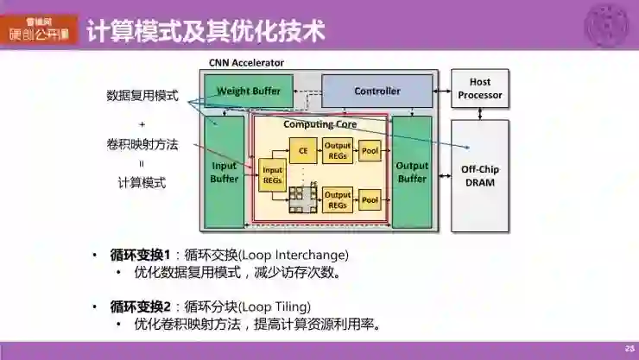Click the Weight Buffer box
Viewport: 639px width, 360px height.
click(249, 91)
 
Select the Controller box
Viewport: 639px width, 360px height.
click(377, 91)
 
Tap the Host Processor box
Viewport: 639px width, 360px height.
click(480, 89)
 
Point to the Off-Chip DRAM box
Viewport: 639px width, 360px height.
click(480, 175)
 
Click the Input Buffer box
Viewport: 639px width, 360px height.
click(225, 172)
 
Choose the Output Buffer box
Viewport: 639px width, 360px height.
click(412, 172)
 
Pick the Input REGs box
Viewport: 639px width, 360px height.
click(272, 175)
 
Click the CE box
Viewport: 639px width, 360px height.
click(302, 150)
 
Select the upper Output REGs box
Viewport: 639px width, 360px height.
click(338, 150)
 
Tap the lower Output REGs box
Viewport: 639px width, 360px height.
click(338, 200)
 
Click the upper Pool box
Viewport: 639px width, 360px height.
click(370, 150)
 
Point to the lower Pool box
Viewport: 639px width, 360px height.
click(370, 200)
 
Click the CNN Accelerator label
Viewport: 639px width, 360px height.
click(246, 62)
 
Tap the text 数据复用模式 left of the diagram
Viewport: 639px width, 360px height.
click(142, 96)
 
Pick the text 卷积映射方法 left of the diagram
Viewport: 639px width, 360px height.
click(142, 144)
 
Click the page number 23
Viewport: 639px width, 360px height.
click(629, 348)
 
